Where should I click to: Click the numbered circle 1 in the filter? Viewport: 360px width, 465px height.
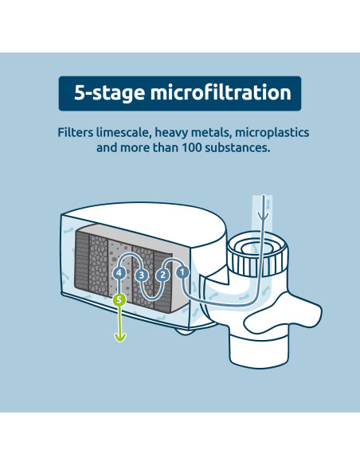182,272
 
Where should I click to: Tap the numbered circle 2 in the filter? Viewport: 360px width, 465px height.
162,275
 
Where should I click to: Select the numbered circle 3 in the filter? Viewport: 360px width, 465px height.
142,275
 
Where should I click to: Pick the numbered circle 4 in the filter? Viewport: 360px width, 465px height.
119,273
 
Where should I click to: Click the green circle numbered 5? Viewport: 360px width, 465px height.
119,300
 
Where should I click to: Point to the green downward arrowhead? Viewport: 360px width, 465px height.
119,336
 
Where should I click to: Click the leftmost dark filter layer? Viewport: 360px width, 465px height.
82,264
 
